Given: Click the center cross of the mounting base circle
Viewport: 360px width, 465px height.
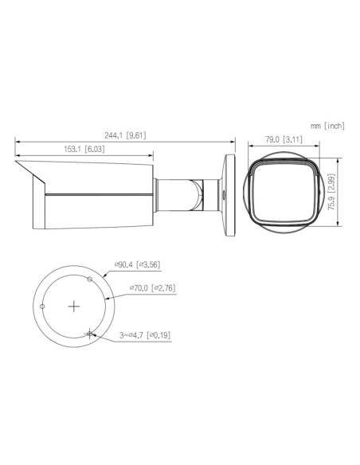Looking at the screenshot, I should click(74, 305).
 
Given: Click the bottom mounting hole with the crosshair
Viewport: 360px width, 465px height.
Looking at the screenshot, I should click(91, 334).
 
